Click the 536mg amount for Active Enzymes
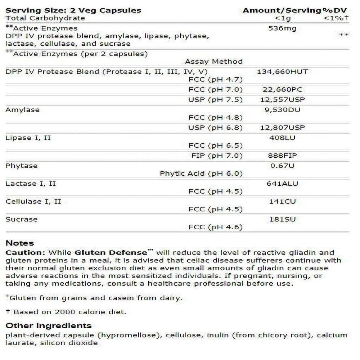pos(282,28)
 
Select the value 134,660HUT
pos(282,72)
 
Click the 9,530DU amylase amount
pos(282,110)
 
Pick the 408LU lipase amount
pos(282,138)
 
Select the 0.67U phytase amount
pos(282,166)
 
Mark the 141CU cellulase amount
pos(282,202)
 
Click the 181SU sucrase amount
pos(282,219)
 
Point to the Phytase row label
pos(22,166)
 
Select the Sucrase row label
pos(22,219)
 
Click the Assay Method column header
pos(214,62)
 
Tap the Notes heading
pos(20,243)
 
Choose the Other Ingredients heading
pos(49,326)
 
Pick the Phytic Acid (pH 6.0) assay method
pos(201,174)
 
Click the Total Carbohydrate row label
pos(45,18)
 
